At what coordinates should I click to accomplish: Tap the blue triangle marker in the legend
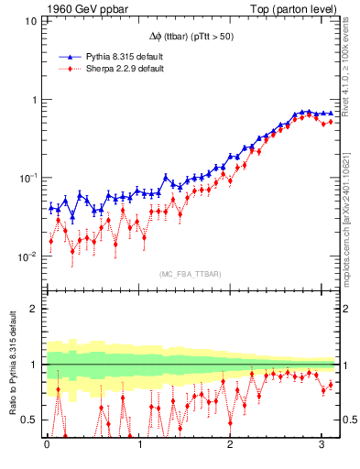tap(65, 57)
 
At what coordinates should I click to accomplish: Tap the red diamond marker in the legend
tap(65, 69)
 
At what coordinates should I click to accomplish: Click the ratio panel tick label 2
tap(33, 309)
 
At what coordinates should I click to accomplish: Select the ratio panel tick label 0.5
tap(28, 420)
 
